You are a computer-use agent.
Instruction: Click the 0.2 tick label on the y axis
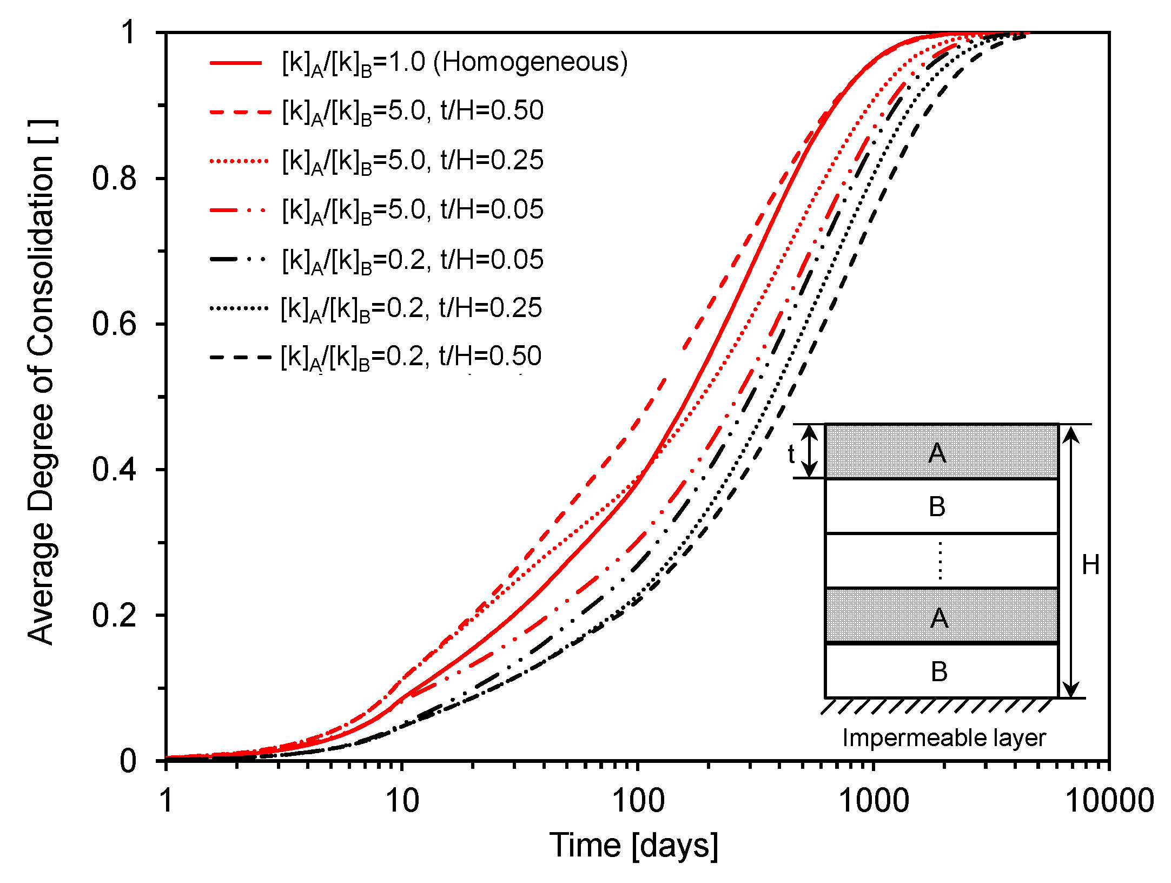point(114,615)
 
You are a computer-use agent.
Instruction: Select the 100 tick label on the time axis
point(638,801)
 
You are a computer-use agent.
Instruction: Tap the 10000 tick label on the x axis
point(1109,801)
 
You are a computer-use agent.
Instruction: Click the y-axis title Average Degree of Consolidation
point(42,381)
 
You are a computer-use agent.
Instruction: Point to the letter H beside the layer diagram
point(1090,565)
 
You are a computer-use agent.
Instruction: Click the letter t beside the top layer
point(791,454)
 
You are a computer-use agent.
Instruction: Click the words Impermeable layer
point(944,738)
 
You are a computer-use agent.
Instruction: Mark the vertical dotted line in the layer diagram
point(940,561)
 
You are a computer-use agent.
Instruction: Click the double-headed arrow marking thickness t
point(809,451)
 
